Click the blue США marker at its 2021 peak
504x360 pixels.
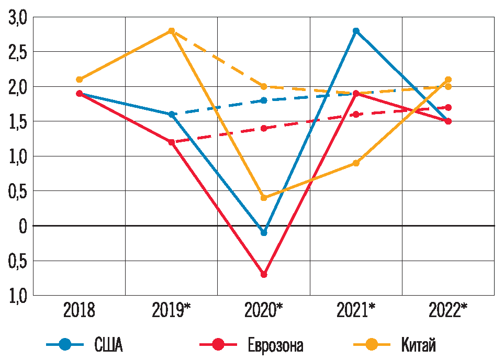coord(356,31)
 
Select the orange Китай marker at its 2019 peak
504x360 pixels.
coord(171,31)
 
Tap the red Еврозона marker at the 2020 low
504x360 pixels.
coord(264,274)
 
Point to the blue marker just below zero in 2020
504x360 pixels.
coord(264,232)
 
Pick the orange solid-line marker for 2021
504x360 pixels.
coord(356,163)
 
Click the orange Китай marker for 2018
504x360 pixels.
coord(79,80)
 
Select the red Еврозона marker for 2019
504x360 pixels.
coord(171,142)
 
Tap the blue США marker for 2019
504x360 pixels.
coord(171,114)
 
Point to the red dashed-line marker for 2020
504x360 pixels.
coord(264,128)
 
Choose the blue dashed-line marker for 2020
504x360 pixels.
coord(264,100)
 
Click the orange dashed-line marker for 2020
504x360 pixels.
coord(264,86)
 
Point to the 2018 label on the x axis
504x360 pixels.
coord(79,310)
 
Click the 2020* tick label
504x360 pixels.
coord(264,310)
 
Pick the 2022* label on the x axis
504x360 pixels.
coord(448,310)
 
